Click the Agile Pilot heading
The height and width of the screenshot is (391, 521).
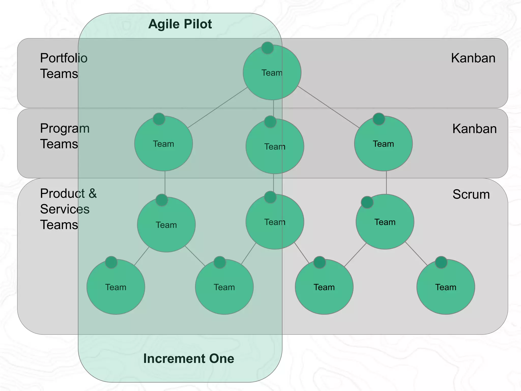point(180,24)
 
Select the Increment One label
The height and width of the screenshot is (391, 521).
point(189,358)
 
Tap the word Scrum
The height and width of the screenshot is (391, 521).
point(471,194)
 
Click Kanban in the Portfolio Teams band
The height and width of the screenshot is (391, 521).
point(473,58)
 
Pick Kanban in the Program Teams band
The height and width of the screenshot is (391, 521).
point(474,129)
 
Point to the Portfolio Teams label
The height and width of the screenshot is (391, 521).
point(64,66)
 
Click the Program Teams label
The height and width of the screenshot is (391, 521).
point(65,136)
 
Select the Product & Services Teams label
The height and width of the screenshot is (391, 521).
point(68,209)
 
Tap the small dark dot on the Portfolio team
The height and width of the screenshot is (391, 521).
point(267,48)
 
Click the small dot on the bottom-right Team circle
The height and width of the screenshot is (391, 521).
point(441,262)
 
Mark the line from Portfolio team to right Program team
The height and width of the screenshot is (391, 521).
point(328,107)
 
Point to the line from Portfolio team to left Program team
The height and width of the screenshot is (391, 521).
point(218,108)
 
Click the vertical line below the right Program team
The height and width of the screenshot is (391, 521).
point(386,183)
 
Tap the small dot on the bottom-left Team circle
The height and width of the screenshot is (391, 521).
point(111,262)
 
